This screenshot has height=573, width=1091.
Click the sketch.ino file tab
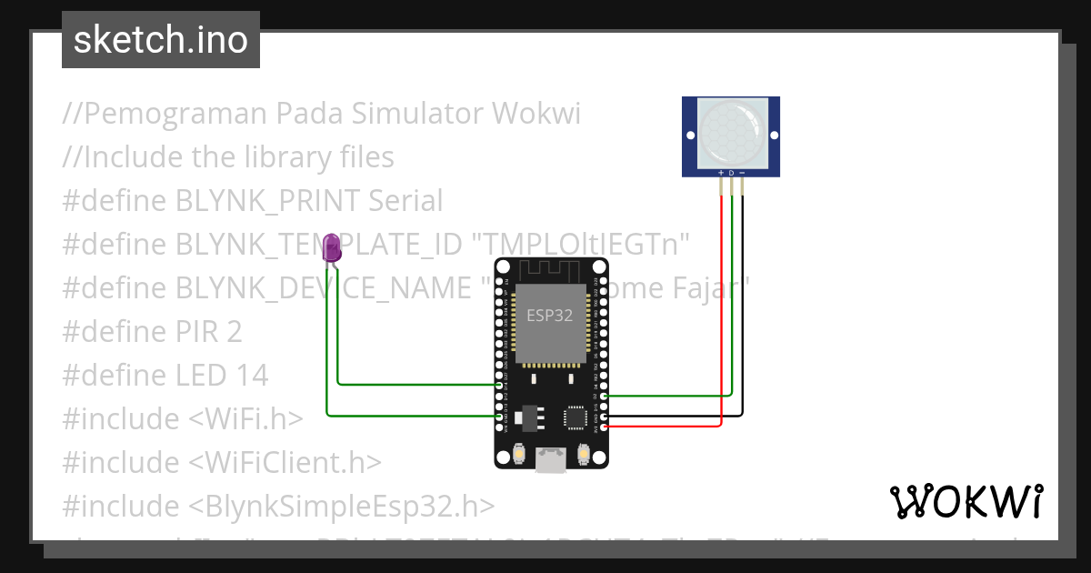[x=160, y=40]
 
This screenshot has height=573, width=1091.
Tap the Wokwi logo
[x=966, y=501]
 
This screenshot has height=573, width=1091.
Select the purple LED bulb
[x=333, y=247]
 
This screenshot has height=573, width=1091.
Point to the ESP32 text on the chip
[x=550, y=316]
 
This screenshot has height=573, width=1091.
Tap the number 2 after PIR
[x=234, y=332]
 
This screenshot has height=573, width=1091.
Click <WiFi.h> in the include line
[x=245, y=419]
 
